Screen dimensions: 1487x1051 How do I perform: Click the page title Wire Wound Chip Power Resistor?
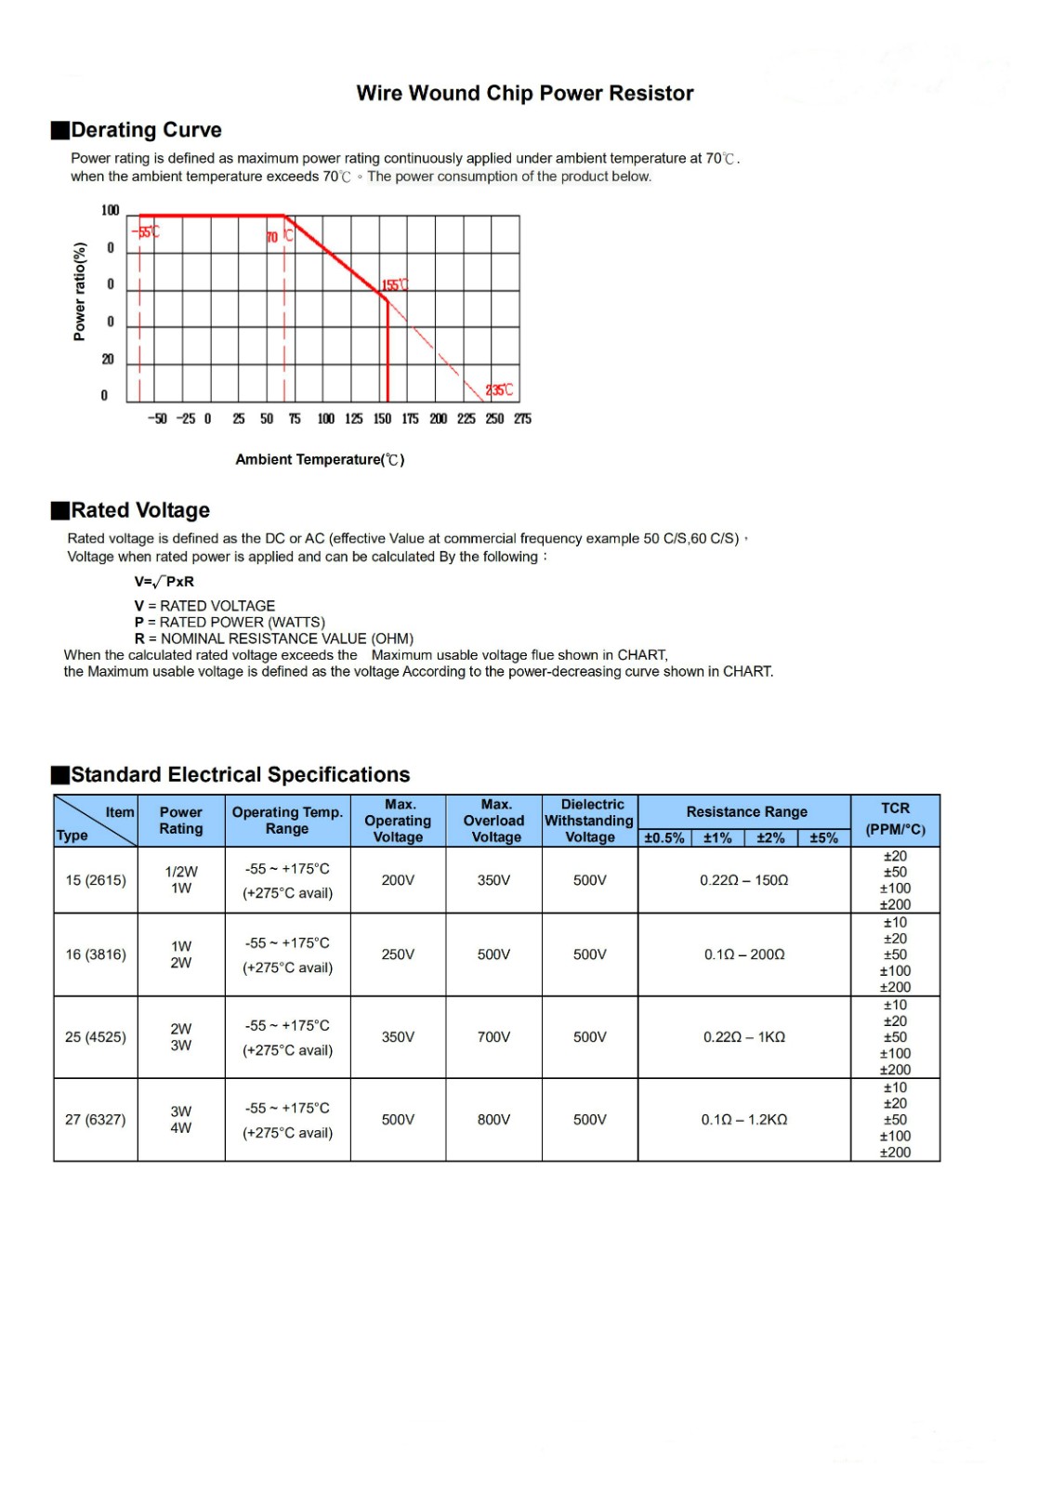pos(525,93)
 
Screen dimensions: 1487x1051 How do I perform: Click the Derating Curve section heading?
pos(146,130)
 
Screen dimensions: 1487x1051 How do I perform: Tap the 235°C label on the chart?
pos(499,390)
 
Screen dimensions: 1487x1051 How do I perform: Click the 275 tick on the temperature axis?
pos(522,419)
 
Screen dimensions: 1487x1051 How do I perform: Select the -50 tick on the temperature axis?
pos(158,419)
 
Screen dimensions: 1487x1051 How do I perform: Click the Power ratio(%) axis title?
pos(80,291)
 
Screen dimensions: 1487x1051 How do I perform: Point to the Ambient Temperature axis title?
pos(320,459)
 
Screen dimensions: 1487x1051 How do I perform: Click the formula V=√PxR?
pos(164,582)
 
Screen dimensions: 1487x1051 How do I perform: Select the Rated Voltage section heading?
pos(140,510)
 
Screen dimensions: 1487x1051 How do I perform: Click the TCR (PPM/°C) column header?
pos(895,819)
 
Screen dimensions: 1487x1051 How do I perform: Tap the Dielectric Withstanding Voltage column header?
pos(590,821)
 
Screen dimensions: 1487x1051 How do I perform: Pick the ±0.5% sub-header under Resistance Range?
pos(664,838)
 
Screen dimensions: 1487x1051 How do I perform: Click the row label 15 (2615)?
pos(96,880)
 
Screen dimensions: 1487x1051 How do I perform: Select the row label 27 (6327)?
pos(95,1120)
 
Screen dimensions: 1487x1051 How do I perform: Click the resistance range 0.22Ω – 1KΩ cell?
pos(743,1037)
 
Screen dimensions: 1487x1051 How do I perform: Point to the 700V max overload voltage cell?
pos(493,1037)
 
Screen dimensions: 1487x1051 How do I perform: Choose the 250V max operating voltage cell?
pos(398,954)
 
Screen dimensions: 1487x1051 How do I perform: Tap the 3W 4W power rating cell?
pos(181,1120)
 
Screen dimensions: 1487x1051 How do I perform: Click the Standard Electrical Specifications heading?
pos(240,775)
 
